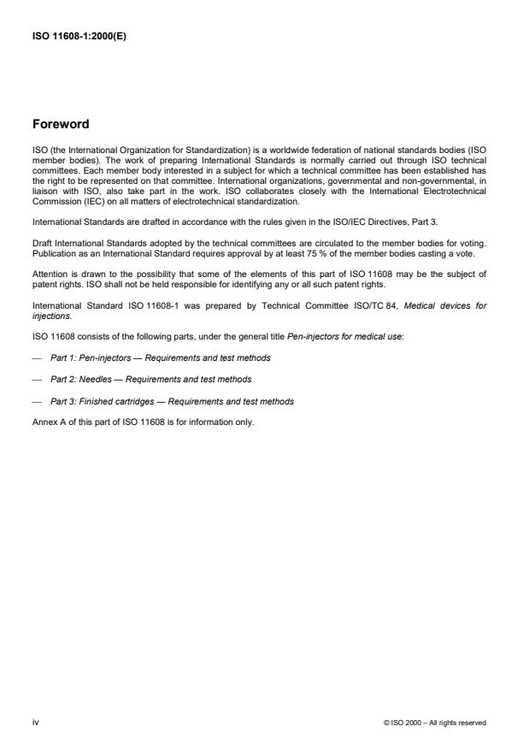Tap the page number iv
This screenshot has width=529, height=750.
35,723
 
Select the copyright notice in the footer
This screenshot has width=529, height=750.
435,723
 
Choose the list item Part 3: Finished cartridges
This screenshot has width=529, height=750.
172,401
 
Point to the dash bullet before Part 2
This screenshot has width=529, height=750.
37,379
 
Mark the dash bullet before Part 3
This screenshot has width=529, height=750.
37,401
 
